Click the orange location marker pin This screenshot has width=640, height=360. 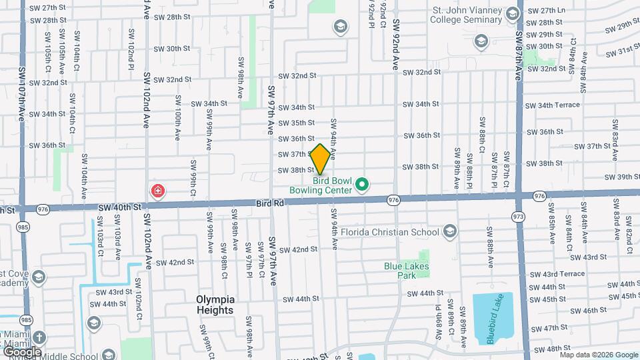320,159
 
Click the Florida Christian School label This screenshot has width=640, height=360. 390,232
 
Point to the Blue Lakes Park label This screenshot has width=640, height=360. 406,270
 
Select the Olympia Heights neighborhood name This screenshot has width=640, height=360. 215,305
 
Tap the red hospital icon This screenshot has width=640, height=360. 158,192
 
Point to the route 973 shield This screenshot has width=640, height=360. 518,217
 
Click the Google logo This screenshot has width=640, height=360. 22,351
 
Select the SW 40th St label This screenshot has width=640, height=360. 120,207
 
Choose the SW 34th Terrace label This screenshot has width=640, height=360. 552,105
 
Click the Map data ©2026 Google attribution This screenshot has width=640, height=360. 599,355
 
